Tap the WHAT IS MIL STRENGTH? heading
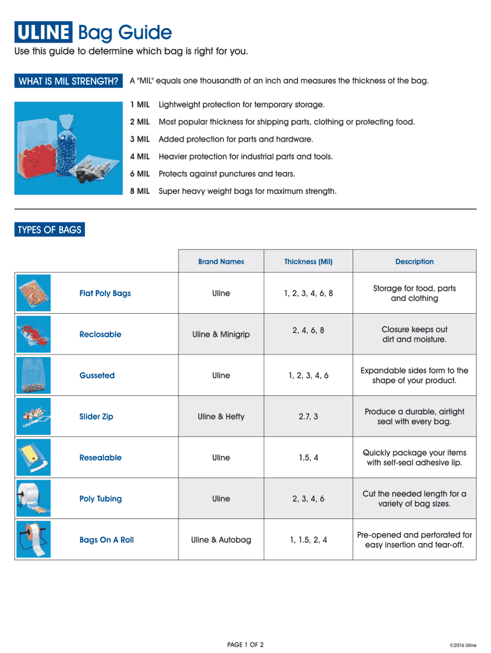(69, 81)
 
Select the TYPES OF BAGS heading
(50, 230)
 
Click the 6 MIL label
(140, 173)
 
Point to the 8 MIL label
(140, 191)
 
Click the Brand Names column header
(221, 261)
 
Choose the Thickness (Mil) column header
(308, 261)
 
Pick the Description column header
(414, 261)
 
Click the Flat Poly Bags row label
(105, 293)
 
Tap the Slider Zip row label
(96, 416)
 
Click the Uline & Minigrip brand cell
(221, 334)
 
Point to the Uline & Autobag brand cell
(221, 540)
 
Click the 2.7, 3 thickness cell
(308, 416)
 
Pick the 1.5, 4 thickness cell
(308, 458)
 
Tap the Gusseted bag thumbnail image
(33, 375)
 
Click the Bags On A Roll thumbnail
(33, 539)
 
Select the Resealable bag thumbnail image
(33, 457)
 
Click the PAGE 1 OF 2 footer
(246, 645)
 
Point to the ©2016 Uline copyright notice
(462, 645)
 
